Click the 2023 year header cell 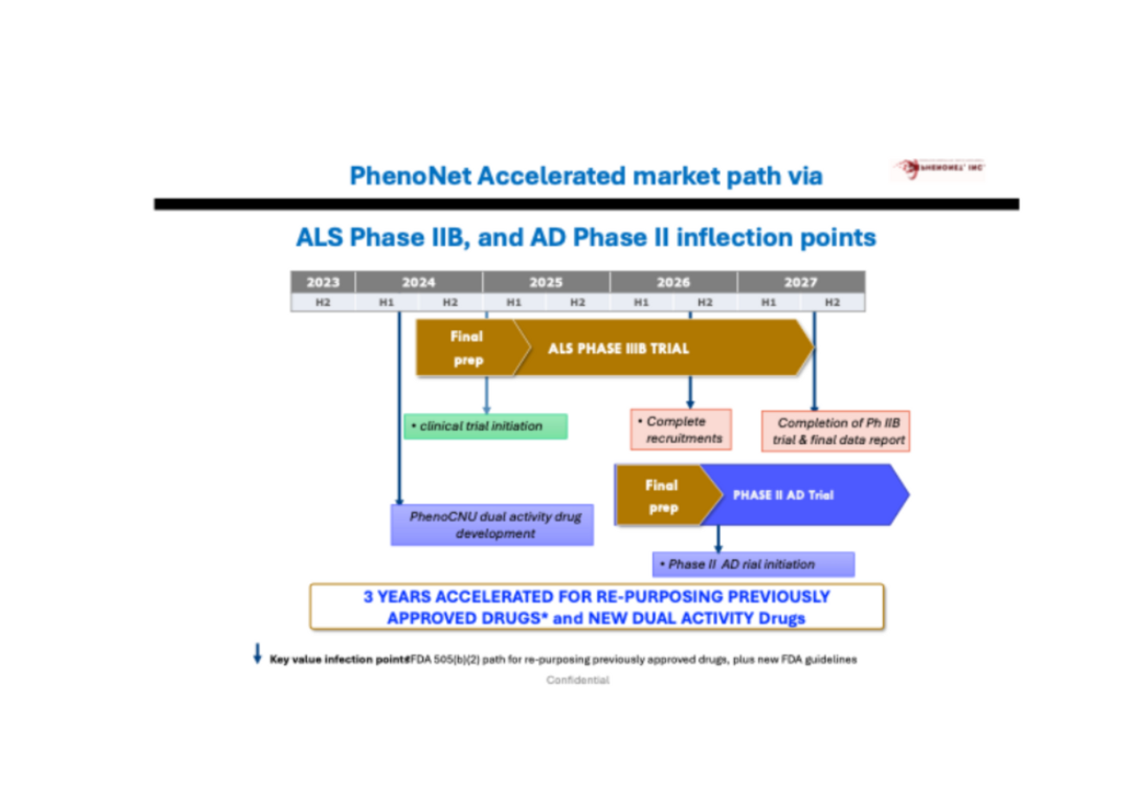tap(323, 282)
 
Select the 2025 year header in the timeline tap(546, 282)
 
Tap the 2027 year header tap(800, 282)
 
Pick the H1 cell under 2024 tap(386, 302)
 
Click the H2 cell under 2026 tap(705, 302)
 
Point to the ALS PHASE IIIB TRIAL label tap(618, 348)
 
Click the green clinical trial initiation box tap(485, 426)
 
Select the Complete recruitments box tap(681, 429)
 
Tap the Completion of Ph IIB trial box tap(836, 431)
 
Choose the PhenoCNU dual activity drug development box tap(492, 525)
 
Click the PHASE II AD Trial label tap(783, 495)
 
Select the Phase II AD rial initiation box tap(753, 564)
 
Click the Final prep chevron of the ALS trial tap(467, 348)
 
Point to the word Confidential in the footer tap(578, 680)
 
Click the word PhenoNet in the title tap(410, 176)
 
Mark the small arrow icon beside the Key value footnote tap(257, 653)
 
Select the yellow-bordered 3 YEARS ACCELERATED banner tap(597, 607)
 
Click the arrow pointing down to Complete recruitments tap(690, 392)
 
